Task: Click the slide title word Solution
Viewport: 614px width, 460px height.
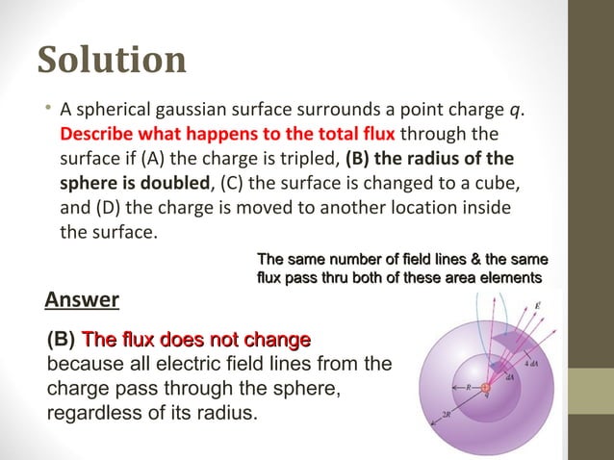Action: [x=112, y=60]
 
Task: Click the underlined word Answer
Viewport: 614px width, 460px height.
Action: [x=82, y=300]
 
